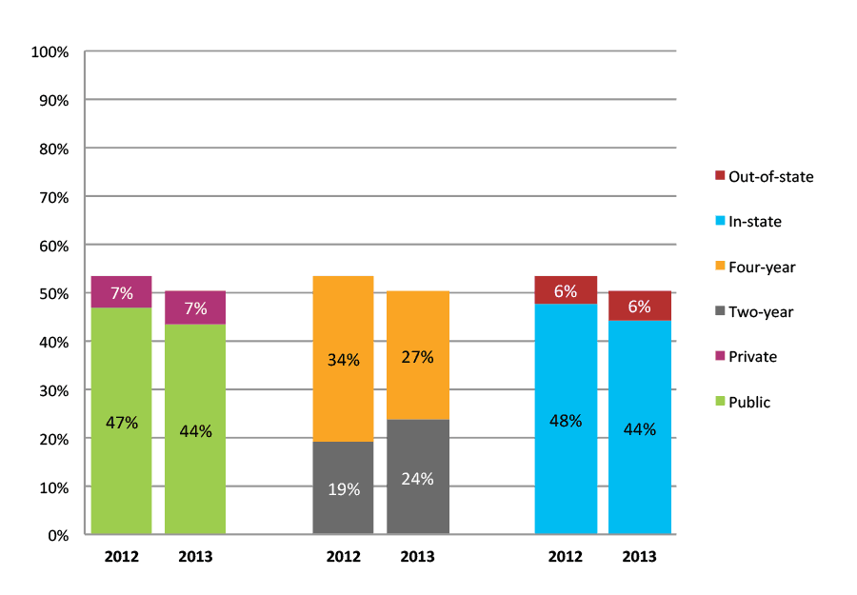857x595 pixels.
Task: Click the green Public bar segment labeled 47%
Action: (121, 421)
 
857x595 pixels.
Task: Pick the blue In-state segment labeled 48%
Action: (566, 419)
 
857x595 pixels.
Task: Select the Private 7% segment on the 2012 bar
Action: (121, 292)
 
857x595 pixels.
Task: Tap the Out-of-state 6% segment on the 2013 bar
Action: (640, 306)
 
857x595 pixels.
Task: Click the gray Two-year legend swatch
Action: (720, 312)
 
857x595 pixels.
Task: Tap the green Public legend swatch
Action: (720, 403)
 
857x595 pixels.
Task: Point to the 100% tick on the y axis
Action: (50, 52)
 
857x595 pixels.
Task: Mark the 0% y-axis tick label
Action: (58, 536)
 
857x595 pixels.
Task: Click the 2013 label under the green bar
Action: (195, 556)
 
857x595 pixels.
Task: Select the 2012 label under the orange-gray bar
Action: (343, 556)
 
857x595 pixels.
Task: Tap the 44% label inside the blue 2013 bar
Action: (640, 429)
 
